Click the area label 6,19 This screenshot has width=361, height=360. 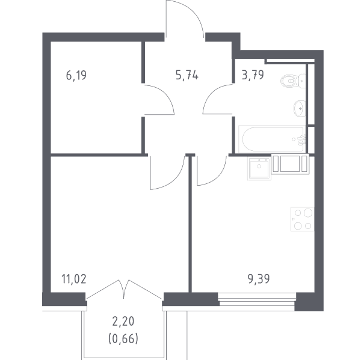(76, 76)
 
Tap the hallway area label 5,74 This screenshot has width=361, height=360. (187, 75)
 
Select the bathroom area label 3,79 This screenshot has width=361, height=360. (253, 75)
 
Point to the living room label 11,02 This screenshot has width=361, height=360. (74, 279)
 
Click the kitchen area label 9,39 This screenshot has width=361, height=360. (259, 279)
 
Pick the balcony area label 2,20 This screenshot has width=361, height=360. (123, 322)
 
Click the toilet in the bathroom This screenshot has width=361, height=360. (293, 81)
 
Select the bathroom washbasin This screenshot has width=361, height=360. (300, 108)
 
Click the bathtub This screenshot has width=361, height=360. (273, 139)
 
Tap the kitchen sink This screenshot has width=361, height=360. (259, 168)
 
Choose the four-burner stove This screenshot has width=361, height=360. (302, 219)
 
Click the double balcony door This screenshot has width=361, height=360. (124, 289)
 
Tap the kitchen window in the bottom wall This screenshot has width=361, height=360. (257, 299)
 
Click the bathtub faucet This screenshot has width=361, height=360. (301, 139)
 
